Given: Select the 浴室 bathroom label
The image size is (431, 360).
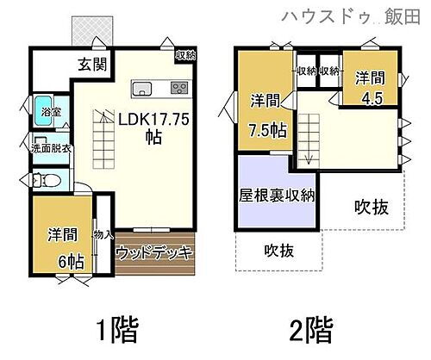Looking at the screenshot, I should click(50, 112).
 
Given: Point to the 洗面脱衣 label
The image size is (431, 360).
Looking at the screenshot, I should click(51, 146).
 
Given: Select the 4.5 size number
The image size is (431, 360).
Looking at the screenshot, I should click(372, 97).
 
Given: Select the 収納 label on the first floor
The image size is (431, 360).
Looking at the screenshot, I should click(184, 55).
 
